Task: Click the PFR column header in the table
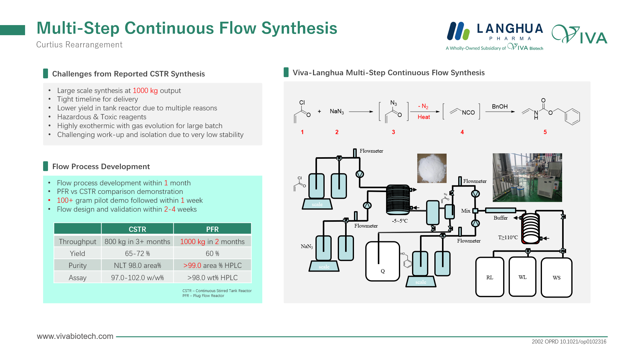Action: click(x=212, y=229)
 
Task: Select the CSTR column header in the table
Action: click(x=137, y=229)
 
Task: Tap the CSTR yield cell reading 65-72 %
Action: click(x=137, y=254)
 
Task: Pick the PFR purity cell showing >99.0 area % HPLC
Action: click(x=212, y=265)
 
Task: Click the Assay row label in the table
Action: click(x=77, y=278)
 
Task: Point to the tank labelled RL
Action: click(x=490, y=277)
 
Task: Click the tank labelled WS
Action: click(x=556, y=277)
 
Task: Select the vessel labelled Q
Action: click(x=383, y=262)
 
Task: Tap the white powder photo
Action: click(x=432, y=168)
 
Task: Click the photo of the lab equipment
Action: click(x=527, y=177)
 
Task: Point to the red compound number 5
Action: click(x=545, y=132)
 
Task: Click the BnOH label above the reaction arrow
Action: click(x=499, y=106)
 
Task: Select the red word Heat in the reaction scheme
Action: click(x=424, y=117)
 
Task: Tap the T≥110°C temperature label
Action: click(x=508, y=237)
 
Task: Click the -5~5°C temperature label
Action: click(x=400, y=221)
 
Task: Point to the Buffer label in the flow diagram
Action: click(x=500, y=218)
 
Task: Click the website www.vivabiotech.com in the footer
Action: click(x=75, y=336)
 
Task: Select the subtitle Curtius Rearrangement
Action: click(x=79, y=45)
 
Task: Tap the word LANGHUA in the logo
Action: click(x=510, y=29)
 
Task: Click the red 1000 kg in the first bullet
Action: click(x=145, y=91)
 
